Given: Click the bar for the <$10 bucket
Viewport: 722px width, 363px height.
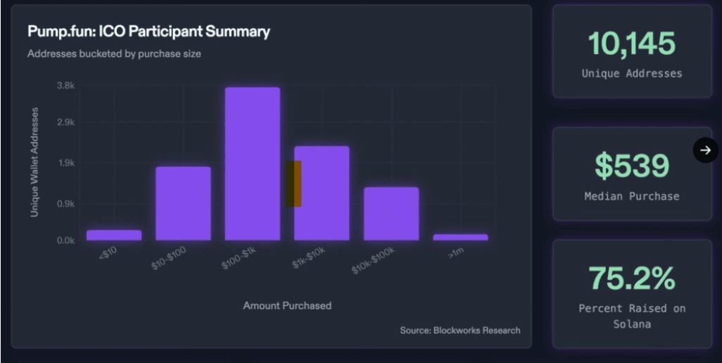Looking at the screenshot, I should [x=114, y=235].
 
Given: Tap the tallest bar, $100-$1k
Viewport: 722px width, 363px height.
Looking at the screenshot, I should [x=252, y=164].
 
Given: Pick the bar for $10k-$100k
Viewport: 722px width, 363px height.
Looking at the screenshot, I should [x=391, y=213].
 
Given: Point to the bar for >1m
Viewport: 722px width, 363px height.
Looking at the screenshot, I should [x=460, y=237].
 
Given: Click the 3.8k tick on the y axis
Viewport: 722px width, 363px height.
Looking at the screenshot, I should [x=65, y=85].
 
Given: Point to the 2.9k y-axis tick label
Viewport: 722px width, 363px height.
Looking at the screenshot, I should [x=65, y=123].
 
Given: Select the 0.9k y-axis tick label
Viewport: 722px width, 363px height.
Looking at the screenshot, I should [x=65, y=204].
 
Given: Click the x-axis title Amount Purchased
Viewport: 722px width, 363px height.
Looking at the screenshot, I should [x=287, y=305].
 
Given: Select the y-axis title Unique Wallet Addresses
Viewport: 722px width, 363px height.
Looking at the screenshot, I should [x=34, y=162].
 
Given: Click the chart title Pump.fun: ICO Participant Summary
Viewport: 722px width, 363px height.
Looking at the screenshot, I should [x=148, y=32].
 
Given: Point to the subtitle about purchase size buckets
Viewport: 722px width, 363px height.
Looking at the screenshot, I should [x=115, y=54].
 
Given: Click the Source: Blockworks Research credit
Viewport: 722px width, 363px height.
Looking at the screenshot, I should [x=460, y=330].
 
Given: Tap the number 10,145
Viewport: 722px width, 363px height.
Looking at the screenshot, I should [x=631, y=44].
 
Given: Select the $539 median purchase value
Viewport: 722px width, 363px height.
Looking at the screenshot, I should [x=631, y=166].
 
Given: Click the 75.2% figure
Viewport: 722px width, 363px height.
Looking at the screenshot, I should [x=631, y=278].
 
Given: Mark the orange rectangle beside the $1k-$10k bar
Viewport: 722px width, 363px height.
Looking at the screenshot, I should [x=293, y=184].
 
